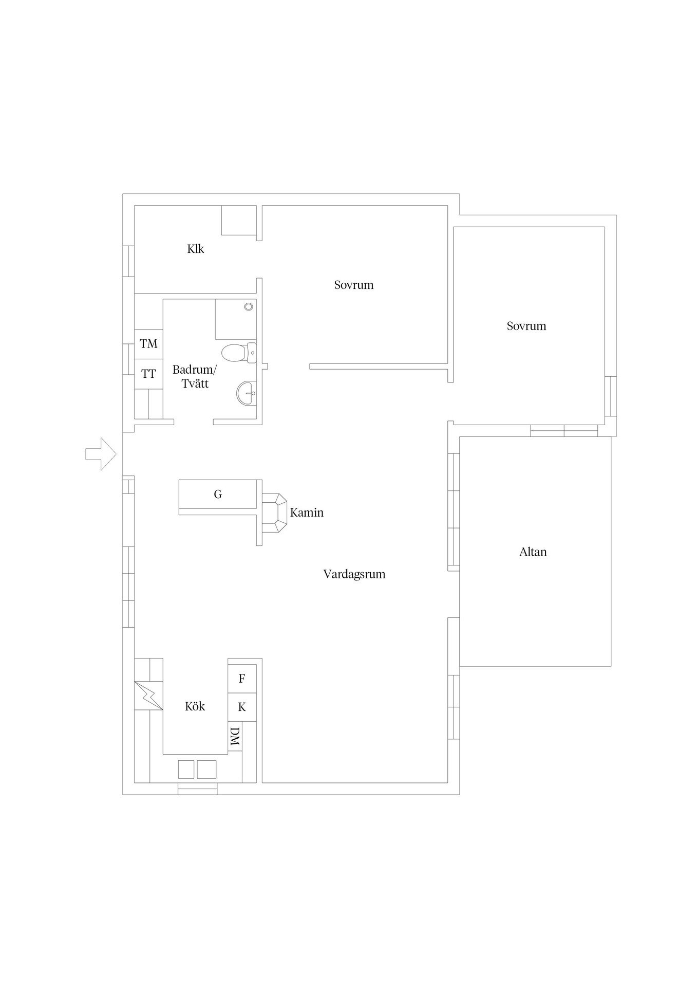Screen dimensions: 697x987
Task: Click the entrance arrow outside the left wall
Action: tap(101, 454)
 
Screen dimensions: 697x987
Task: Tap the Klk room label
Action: tap(196, 249)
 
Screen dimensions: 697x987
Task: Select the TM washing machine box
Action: tap(149, 343)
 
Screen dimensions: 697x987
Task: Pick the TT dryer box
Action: tap(149, 374)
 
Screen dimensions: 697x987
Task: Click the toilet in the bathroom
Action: tap(239, 352)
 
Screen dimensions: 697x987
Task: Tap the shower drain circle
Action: tap(249, 306)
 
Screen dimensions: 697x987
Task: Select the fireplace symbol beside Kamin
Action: tap(275, 513)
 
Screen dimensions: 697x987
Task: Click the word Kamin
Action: tap(307, 513)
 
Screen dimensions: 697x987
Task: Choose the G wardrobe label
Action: tap(218, 495)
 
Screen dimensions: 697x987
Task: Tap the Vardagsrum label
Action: tap(354, 574)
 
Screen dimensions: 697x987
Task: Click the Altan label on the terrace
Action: tap(533, 552)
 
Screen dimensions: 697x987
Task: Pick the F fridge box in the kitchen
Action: tap(242, 679)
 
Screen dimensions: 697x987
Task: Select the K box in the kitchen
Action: tap(242, 707)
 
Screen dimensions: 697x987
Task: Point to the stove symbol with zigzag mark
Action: tap(149, 696)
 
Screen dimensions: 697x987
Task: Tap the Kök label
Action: tap(195, 706)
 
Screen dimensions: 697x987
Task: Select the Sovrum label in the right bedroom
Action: tap(526, 326)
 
